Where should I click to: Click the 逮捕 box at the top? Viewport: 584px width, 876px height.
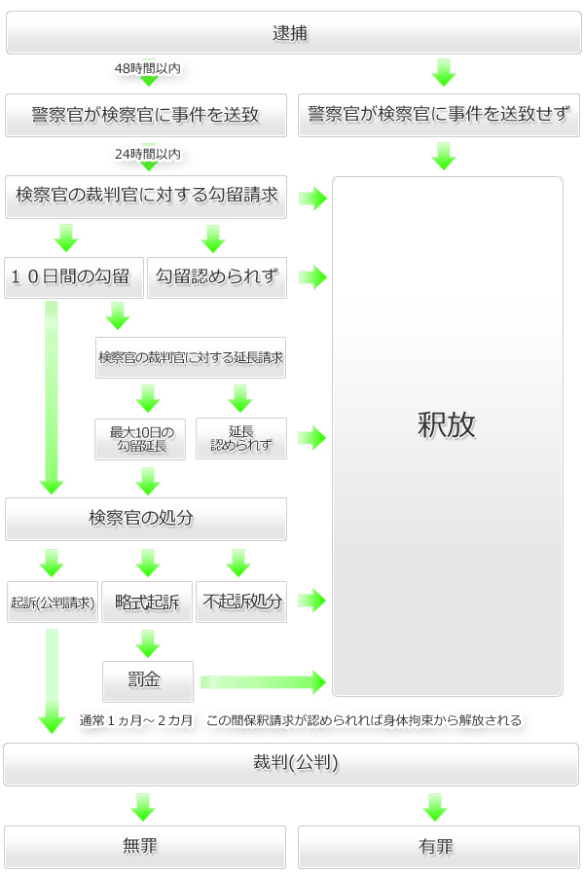pyautogui.click(x=293, y=33)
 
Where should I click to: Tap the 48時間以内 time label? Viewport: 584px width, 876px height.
pyautogui.click(x=148, y=69)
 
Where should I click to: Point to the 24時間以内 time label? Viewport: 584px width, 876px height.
pyautogui.click(x=148, y=154)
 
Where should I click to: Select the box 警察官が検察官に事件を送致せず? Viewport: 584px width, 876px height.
pyautogui.click(x=439, y=115)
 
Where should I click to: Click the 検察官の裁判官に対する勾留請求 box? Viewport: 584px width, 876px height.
pyautogui.click(x=146, y=197)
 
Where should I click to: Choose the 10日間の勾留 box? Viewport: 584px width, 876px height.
pyautogui.click(x=74, y=277)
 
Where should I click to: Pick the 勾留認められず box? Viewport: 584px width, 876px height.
pyautogui.click(x=217, y=277)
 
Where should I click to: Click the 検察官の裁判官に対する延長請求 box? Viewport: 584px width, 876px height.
pyautogui.click(x=191, y=357)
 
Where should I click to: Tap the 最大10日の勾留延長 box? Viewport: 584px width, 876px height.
pyautogui.click(x=140, y=439)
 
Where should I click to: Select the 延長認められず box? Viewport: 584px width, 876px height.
pyautogui.click(x=241, y=439)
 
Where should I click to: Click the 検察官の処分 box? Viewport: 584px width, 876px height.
pyautogui.click(x=146, y=519)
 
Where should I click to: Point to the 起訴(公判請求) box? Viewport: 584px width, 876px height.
pyautogui.click(x=53, y=602)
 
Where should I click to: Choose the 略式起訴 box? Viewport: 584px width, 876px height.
pyautogui.click(x=147, y=602)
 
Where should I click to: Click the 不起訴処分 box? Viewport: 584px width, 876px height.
pyautogui.click(x=241, y=602)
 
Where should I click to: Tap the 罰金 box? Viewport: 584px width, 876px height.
pyautogui.click(x=148, y=681)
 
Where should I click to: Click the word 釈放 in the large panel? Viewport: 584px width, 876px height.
pyautogui.click(x=446, y=424)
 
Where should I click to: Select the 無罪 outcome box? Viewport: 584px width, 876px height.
pyautogui.click(x=145, y=847)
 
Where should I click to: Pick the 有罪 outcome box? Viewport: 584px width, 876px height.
pyautogui.click(x=439, y=847)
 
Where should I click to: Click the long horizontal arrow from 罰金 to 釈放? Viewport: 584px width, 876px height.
pyautogui.click(x=263, y=682)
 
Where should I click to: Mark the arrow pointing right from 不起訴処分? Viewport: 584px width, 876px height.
pyautogui.click(x=311, y=601)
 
